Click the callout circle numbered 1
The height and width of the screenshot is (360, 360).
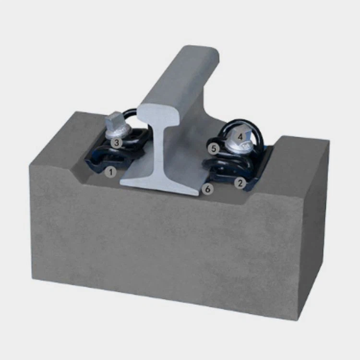pyautogui.click(x=111, y=171)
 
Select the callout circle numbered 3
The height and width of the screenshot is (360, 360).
pyautogui.click(x=116, y=142)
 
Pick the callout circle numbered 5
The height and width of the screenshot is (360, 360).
pyautogui.click(x=214, y=149)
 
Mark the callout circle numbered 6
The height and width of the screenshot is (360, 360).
pyautogui.click(x=207, y=189)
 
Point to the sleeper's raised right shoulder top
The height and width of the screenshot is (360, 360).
pyautogui.click(x=302, y=144)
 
